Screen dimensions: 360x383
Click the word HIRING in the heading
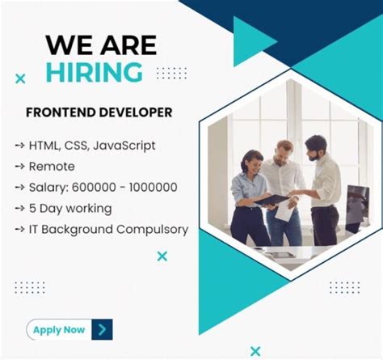click(94, 72)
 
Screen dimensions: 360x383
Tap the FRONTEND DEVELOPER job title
click(99, 112)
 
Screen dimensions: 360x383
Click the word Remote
click(53, 167)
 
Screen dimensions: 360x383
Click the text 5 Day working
click(71, 208)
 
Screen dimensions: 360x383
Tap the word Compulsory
click(149, 229)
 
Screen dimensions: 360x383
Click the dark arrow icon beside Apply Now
click(102, 329)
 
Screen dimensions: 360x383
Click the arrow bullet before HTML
click(19, 146)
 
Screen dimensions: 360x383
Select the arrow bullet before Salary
click(19, 188)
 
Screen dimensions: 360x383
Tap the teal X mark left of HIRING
click(21, 78)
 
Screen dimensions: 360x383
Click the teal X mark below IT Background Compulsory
click(162, 256)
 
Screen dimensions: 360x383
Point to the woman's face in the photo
click(251, 159)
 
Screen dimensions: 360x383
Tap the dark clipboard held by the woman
click(272, 199)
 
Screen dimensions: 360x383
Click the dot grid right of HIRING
click(171, 73)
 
